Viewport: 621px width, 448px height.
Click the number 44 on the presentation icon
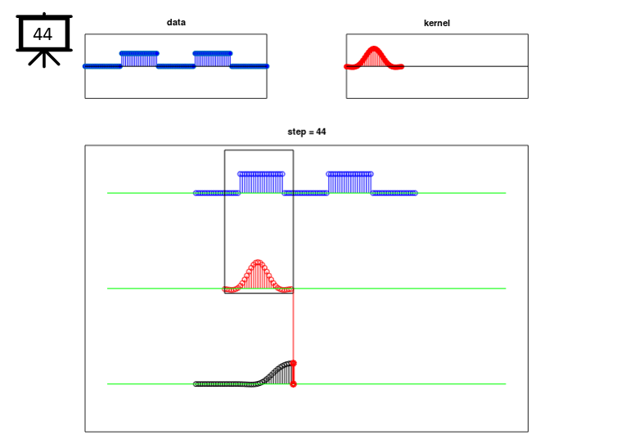pyautogui.click(x=43, y=34)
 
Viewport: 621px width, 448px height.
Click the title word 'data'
pyautogui.click(x=176, y=22)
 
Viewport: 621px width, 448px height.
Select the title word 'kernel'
pyautogui.click(x=437, y=23)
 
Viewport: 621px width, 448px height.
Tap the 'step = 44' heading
pyautogui.click(x=307, y=132)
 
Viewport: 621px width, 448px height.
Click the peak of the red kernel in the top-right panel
pyautogui.click(x=374, y=48)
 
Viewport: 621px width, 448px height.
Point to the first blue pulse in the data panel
pyautogui.click(x=139, y=59)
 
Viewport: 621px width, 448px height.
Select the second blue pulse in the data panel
pyautogui.click(x=213, y=59)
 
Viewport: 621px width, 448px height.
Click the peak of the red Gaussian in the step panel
pyautogui.click(x=259, y=262)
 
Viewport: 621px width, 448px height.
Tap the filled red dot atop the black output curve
pyautogui.click(x=294, y=363)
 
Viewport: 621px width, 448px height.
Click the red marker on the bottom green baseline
pyautogui.click(x=294, y=384)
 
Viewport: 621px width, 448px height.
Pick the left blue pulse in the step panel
pyautogui.click(x=261, y=183)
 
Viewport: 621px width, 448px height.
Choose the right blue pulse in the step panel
pyautogui.click(x=349, y=183)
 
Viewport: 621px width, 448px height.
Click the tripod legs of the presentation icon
pyautogui.click(x=44, y=58)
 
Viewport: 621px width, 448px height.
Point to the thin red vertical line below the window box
pyautogui.click(x=294, y=326)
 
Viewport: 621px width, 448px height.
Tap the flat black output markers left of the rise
pyautogui.click(x=224, y=384)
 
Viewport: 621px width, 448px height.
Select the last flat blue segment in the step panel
pyautogui.click(x=394, y=193)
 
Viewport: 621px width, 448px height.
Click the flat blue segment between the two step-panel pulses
pyautogui.click(x=305, y=193)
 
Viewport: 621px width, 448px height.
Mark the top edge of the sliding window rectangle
pyautogui.click(x=259, y=150)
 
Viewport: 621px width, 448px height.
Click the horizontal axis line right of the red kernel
pyautogui.click(x=466, y=66)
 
